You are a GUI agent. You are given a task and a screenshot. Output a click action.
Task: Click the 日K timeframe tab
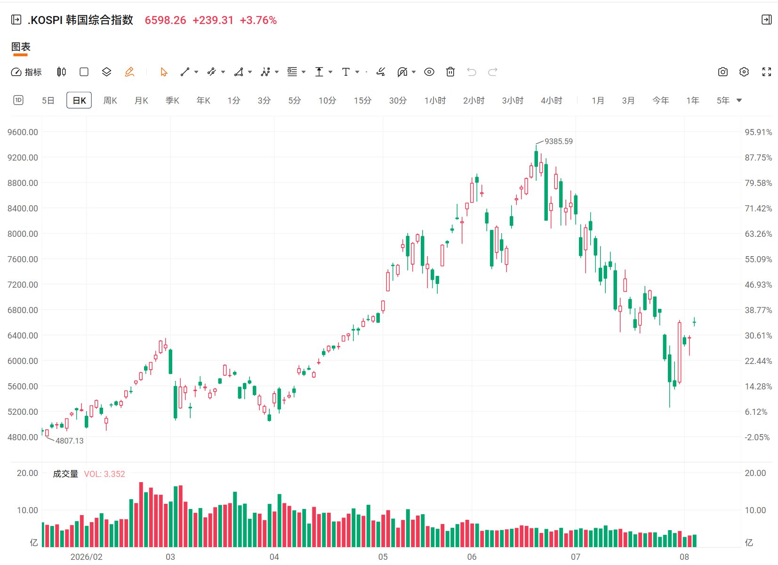click(x=79, y=100)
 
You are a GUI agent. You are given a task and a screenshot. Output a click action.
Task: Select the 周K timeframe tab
click(x=110, y=100)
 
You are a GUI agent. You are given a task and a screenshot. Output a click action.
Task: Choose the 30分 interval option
click(x=398, y=100)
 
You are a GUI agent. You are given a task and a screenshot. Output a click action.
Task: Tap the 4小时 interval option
click(x=551, y=100)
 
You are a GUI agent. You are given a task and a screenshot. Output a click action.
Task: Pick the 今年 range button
click(x=660, y=100)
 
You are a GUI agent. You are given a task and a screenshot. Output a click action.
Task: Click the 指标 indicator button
click(x=26, y=72)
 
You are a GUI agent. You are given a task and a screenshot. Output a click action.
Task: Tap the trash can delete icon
click(x=450, y=72)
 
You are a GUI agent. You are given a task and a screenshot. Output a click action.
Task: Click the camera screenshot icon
click(x=723, y=72)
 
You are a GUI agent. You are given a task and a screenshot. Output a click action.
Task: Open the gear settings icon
click(x=744, y=72)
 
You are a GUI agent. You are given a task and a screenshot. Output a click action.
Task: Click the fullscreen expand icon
click(x=767, y=72)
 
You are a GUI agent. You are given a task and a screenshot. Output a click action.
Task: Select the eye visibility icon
click(x=429, y=72)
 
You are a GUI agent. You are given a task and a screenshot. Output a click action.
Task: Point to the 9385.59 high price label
click(x=559, y=141)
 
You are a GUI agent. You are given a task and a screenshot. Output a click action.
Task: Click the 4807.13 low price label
click(x=70, y=441)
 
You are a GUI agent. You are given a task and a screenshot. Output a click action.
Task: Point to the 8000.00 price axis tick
click(x=23, y=234)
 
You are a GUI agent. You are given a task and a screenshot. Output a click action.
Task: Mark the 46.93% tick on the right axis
click(x=758, y=284)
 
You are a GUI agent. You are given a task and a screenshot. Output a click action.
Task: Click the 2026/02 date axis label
click(x=87, y=557)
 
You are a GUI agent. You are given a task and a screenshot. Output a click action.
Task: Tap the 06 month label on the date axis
click(x=472, y=557)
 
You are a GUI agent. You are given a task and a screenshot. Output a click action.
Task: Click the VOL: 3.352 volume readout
click(x=104, y=474)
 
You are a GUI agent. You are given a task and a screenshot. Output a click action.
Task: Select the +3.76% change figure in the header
click(x=258, y=20)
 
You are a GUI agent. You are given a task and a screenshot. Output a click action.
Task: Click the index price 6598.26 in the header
click(x=165, y=20)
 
